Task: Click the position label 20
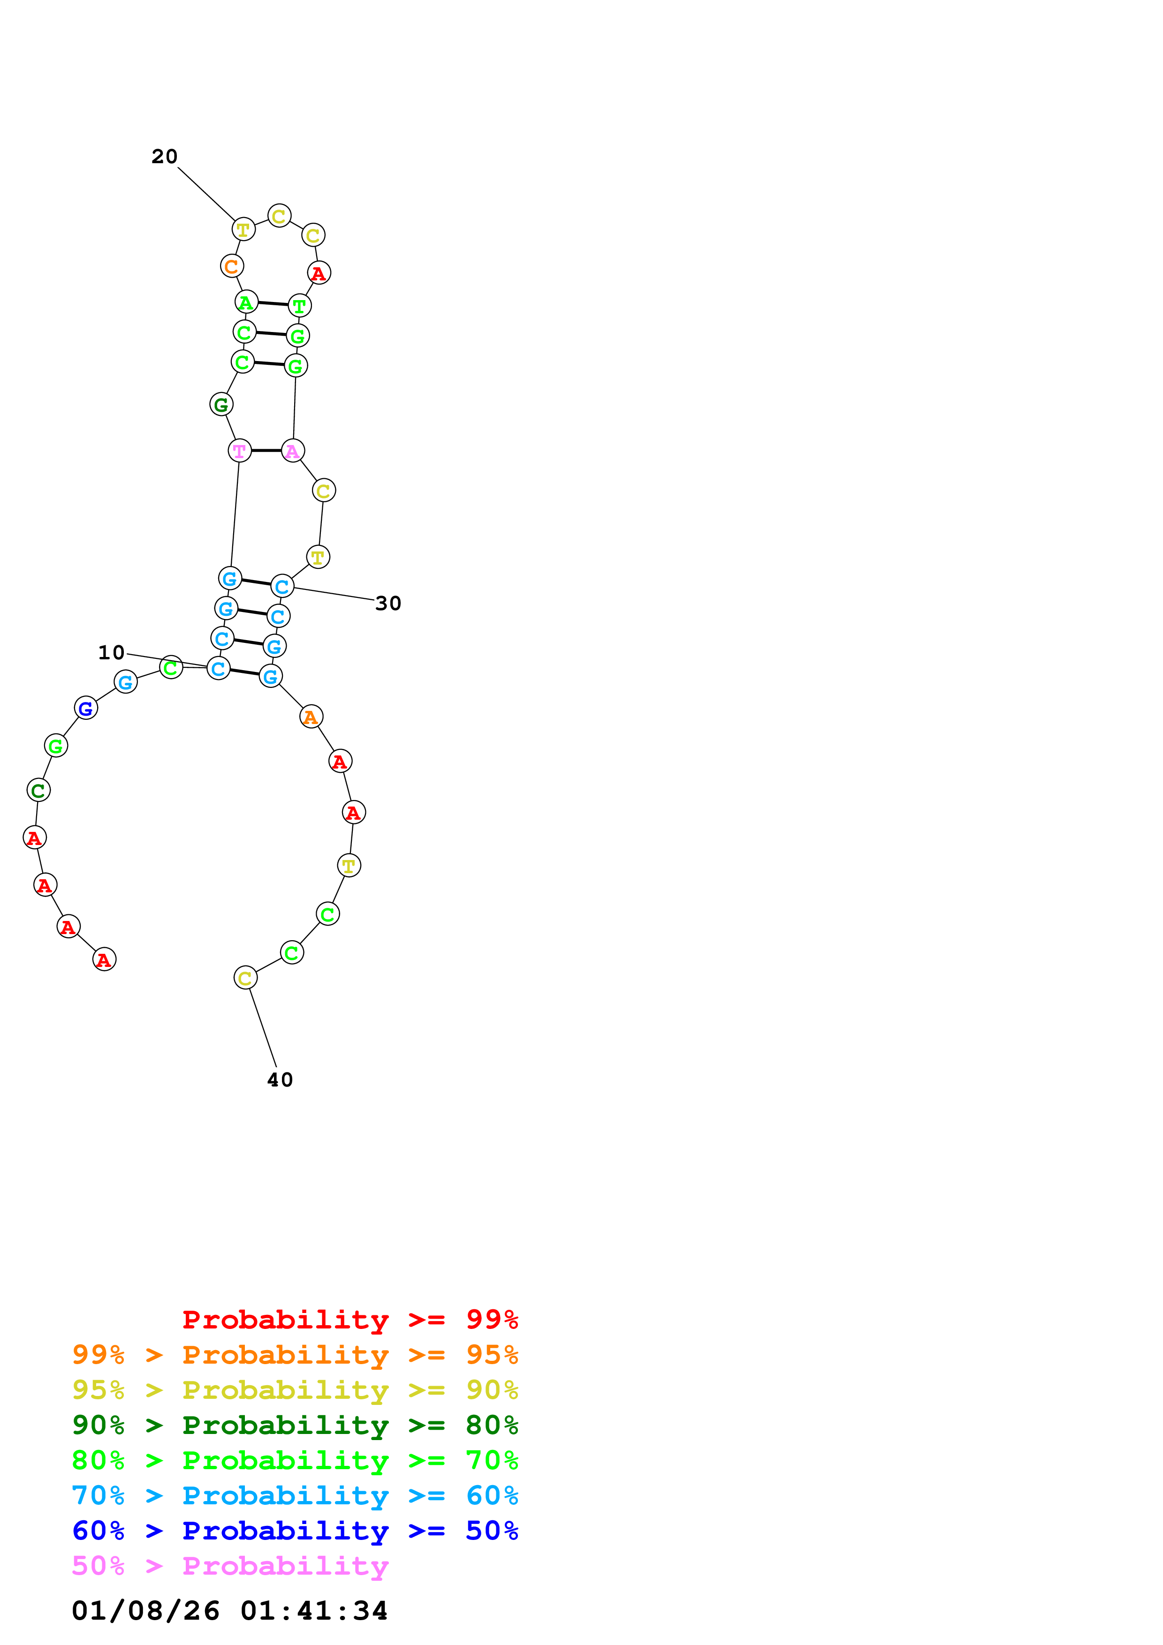point(164,156)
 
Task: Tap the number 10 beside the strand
point(111,652)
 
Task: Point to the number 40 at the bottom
point(280,1080)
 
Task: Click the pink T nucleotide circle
point(239,451)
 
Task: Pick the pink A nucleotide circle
point(292,451)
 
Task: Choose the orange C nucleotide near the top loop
point(231,266)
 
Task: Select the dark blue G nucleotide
point(86,708)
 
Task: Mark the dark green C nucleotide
point(38,790)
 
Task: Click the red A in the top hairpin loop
point(319,273)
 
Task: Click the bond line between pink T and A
point(266,451)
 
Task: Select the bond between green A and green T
point(272,304)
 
